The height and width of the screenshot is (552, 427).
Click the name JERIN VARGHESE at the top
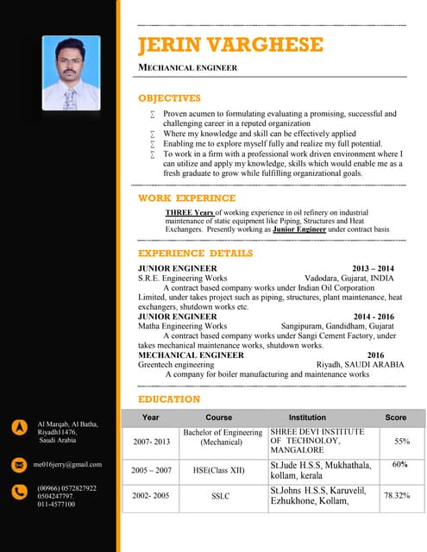[x=231, y=46]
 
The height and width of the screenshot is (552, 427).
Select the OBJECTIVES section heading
[x=169, y=98]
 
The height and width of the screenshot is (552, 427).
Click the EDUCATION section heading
[x=169, y=399]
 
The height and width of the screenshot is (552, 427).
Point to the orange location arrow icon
[x=19, y=427]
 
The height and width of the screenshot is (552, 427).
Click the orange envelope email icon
[x=19, y=464]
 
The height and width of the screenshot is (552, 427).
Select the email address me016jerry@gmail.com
[x=67, y=464]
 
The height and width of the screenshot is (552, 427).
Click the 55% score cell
[x=401, y=441]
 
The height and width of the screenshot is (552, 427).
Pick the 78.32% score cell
[x=397, y=496]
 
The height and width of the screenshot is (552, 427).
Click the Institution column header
[x=307, y=417]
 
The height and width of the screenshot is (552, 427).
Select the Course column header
[x=219, y=417]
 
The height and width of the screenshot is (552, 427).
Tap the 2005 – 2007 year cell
[x=151, y=471]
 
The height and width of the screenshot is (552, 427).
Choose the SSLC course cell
[x=221, y=496]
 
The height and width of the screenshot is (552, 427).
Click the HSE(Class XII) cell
[x=220, y=471]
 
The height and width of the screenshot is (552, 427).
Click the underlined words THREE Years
[x=189, y=212]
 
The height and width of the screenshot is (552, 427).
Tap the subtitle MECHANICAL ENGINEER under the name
[x=188, y=67]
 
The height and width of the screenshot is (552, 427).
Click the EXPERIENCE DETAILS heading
[x=196, y=254]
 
